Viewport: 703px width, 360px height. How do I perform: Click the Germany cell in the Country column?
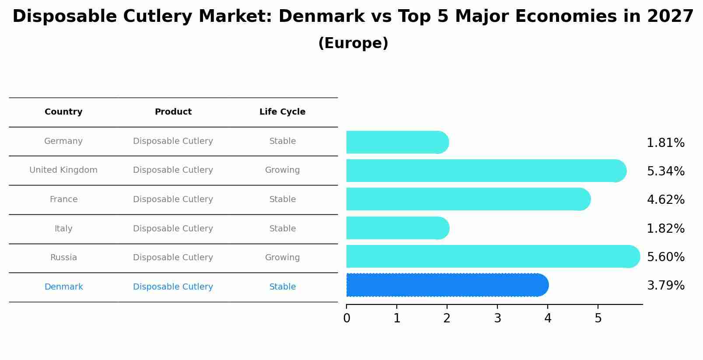63,141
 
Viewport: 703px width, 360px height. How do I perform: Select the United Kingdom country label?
63,170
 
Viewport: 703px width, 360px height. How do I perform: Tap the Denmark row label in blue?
63,287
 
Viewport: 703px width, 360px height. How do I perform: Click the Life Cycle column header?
282,112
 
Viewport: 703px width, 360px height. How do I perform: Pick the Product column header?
173,112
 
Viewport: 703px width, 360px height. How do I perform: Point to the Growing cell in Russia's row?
282,258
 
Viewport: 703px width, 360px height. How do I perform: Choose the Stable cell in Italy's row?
282,229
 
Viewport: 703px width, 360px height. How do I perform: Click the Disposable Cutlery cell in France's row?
173,199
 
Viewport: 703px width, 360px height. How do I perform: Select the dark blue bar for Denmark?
446,285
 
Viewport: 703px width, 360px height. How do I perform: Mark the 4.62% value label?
665,200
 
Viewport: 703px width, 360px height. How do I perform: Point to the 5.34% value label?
665,171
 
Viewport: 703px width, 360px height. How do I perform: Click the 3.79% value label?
665,286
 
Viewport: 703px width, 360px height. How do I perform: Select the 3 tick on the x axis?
497,318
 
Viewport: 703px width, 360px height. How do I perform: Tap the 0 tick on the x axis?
346,318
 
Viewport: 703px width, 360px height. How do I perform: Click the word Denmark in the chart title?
321,17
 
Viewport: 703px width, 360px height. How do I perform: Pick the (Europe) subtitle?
353,43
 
